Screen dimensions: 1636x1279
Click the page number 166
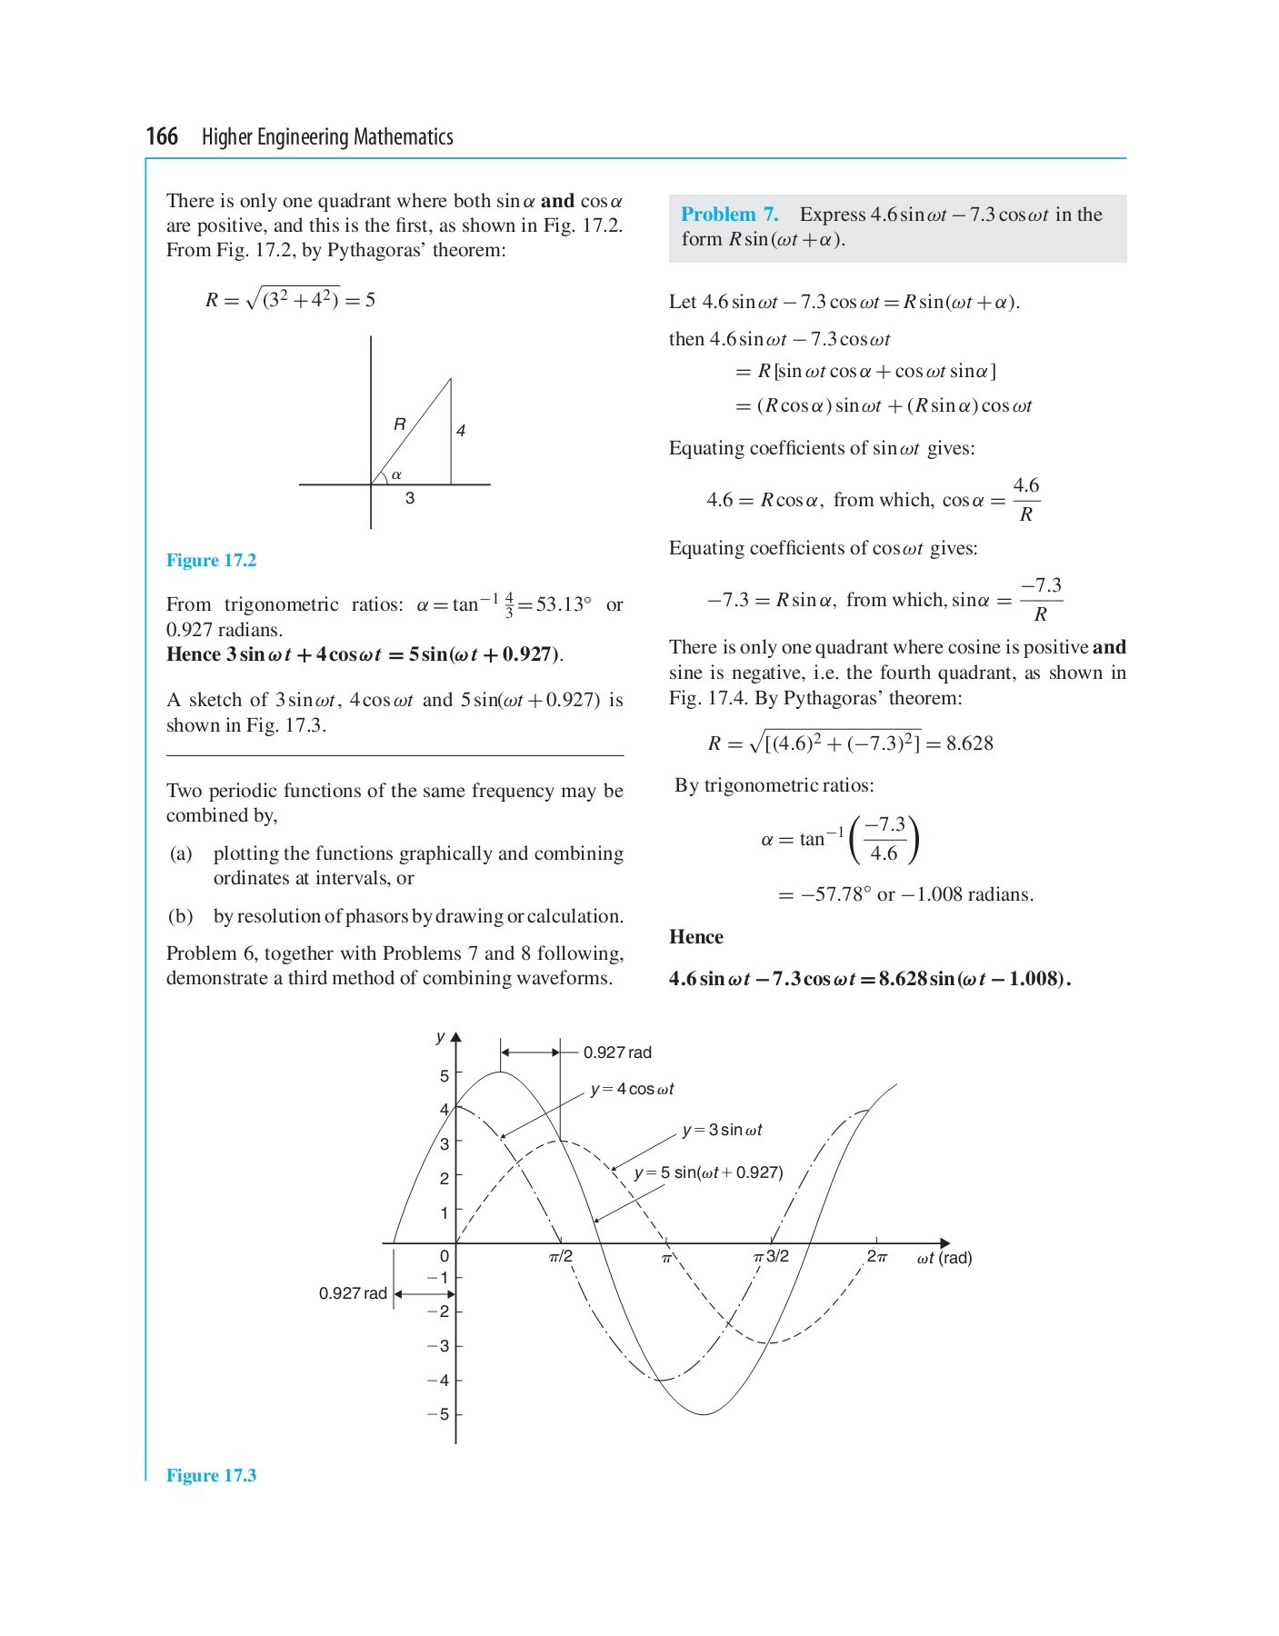pyautogui.click(x=162, y=136)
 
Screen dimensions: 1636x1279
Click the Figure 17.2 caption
pyautogui.click(x=211, y=560)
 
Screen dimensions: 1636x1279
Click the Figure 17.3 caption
pyautogui.click(x=211, y=1475)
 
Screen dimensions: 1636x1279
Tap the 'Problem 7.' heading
pyautogui.click(x=729, y=214)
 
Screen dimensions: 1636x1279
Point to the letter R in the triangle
pyautogui.click(x=399, y=424)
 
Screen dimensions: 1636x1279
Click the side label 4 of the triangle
pyautogui.click(x=461, y=431)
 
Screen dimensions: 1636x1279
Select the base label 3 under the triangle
pyautogui.click(x=410, y=498)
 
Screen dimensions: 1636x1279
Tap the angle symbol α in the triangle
pyautogui.click(x=396, y=474)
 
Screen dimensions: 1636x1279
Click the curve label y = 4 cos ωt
pyautogui.click(x=632, y=1089)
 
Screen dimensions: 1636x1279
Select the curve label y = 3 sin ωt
pyautogui.click(x=722, y=1130)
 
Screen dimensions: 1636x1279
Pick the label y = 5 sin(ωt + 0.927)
pyautogui.click(x=708, y=1172)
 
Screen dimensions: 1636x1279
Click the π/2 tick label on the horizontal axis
pyautogui.click(x=561, y=1257)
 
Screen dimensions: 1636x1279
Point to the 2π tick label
pyautogui.click(x=876, y=1257)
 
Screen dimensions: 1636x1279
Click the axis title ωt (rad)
pyautogui.click(x=944, y=1258)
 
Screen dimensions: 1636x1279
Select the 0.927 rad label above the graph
pyautogui.click(x=617, y=1052)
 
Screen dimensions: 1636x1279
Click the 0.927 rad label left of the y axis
pyautogui.click(x=353, y=1293)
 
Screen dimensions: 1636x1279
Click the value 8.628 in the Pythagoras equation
pyautogui.click(x=969, y=743)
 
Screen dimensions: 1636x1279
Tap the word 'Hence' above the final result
pyautogui.click(x=695, y=937)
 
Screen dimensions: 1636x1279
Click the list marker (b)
pyautogui.click(x=180, y=916)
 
